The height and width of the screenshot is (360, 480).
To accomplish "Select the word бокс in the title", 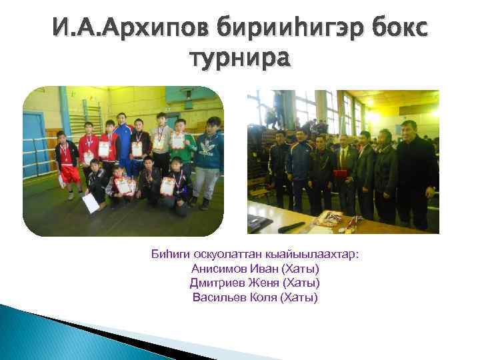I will coord(395,29).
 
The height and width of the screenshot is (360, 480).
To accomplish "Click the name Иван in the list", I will coord(261,269).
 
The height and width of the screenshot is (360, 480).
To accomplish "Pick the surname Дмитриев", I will coord(215,283).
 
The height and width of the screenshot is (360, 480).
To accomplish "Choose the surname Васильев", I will coord(217,297).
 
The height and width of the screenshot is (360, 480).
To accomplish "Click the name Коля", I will coord(263,297).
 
